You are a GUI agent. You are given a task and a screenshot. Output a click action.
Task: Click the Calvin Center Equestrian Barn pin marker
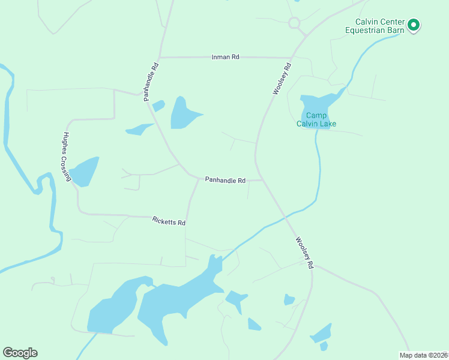(414, 25)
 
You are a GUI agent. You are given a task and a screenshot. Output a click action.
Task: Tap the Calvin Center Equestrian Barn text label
(376, 26)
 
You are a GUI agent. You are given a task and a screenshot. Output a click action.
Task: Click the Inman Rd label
(226, 57)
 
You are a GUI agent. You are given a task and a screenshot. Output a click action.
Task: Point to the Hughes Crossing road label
(67, 157)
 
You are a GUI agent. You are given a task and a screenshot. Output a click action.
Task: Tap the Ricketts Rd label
(169, 221)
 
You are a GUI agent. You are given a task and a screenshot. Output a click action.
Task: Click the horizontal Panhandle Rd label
(225, 179)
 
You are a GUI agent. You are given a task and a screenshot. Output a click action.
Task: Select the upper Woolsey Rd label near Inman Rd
(282, 78)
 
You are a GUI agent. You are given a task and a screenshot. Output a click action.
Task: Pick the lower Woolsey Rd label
(304, 253)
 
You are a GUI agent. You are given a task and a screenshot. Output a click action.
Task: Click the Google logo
(20, 353)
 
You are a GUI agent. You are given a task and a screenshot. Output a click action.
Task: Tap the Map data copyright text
(423, 355)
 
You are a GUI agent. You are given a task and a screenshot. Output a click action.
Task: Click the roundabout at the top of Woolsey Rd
(294, 23)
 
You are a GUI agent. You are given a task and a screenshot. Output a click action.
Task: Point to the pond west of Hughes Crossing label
(84, 172)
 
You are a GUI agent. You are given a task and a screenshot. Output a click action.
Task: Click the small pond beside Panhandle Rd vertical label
(158, 106)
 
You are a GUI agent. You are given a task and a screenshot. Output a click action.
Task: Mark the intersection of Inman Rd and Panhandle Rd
(160, 57)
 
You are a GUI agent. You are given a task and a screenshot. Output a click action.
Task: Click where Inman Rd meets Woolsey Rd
(291, 58)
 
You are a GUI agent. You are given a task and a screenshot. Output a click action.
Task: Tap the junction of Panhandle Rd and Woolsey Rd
(262, 179)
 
